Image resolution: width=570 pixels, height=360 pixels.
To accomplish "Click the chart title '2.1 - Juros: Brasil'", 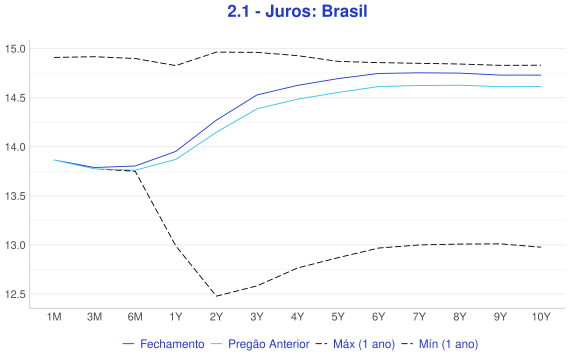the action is click(297, 11).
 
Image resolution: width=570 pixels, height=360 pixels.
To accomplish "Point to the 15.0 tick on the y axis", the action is click(15, 49).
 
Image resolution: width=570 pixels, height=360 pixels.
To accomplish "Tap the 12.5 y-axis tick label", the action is click(15, 294).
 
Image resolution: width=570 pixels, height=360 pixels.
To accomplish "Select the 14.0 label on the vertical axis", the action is click(15, 147).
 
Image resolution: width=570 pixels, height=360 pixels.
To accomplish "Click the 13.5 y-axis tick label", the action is click(15, 196).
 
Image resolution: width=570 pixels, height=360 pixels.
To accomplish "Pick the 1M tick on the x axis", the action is click(54, 317).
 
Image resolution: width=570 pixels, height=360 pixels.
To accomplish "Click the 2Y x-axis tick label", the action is click(216, 317).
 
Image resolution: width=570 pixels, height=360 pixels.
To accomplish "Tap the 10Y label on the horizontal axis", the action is click(541, 317).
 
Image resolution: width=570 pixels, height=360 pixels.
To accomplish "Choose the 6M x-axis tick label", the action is click(135, 317).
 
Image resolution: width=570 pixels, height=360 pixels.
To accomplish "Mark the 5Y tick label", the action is click(338, 317).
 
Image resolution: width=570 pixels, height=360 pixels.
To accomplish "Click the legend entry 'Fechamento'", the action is click(172, 344).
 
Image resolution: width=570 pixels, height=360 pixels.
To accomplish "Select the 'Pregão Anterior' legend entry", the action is click(269, 344).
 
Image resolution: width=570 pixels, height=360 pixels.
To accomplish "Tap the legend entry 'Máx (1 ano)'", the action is click(364, 344).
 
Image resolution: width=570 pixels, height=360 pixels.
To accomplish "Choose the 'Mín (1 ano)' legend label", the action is click(448, 344).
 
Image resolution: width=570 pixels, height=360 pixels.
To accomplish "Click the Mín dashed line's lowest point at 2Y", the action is click(216, 296).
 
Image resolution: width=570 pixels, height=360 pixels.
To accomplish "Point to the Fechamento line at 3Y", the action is click(257, 95).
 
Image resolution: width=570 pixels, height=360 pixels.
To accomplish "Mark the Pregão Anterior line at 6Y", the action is click(378, 87).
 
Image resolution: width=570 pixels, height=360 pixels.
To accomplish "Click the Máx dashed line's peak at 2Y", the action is click(216, 52).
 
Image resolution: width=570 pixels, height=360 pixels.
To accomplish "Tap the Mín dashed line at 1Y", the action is click(176, 246).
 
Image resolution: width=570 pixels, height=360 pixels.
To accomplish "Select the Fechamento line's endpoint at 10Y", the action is click(541, 75).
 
